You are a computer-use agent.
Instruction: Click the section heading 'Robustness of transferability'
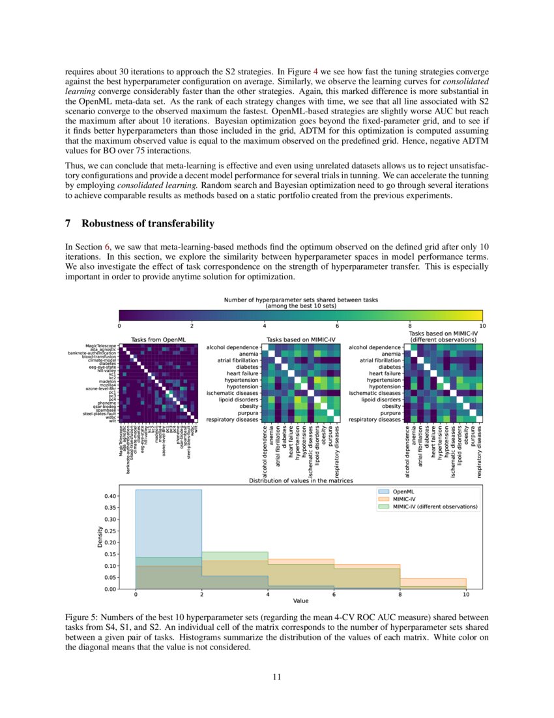tap(147, 224)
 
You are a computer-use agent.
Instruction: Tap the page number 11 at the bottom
tap(276, 677)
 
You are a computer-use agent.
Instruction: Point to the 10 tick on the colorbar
tap(482, 325)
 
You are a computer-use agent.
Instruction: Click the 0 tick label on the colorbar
tap(119, 325)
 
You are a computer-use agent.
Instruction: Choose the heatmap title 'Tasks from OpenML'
tap(158, 339)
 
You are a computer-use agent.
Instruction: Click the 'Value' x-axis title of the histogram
tap(300, 601)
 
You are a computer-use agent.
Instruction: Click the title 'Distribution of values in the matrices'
tap(300, 480)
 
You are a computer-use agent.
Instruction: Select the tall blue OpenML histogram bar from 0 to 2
tap(168, 522)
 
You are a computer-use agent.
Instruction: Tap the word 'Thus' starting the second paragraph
tap(74, 165)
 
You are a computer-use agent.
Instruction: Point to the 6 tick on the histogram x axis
tap(334, 594)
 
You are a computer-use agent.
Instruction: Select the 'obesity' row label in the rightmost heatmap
tap(391, 406)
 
